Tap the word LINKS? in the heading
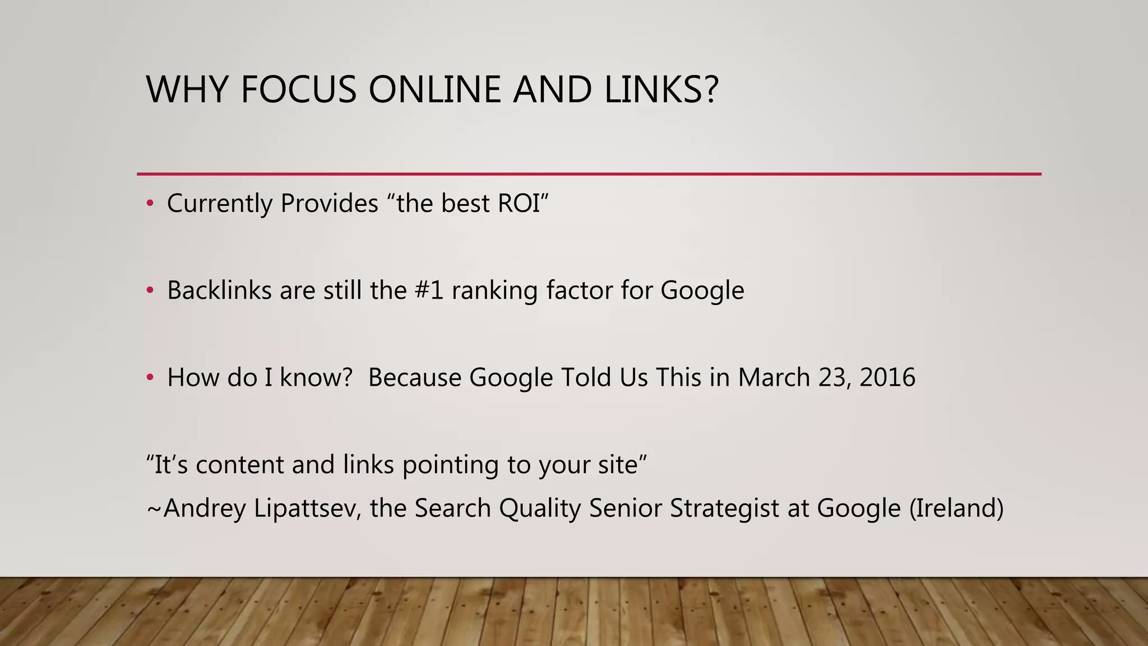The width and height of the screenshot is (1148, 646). [661, 90]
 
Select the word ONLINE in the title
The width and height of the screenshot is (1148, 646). [434, 90]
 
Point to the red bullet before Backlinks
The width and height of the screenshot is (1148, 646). [150, 290]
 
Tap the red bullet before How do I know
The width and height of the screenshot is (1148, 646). [150, 378]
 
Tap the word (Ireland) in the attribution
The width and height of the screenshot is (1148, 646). [956, 509]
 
